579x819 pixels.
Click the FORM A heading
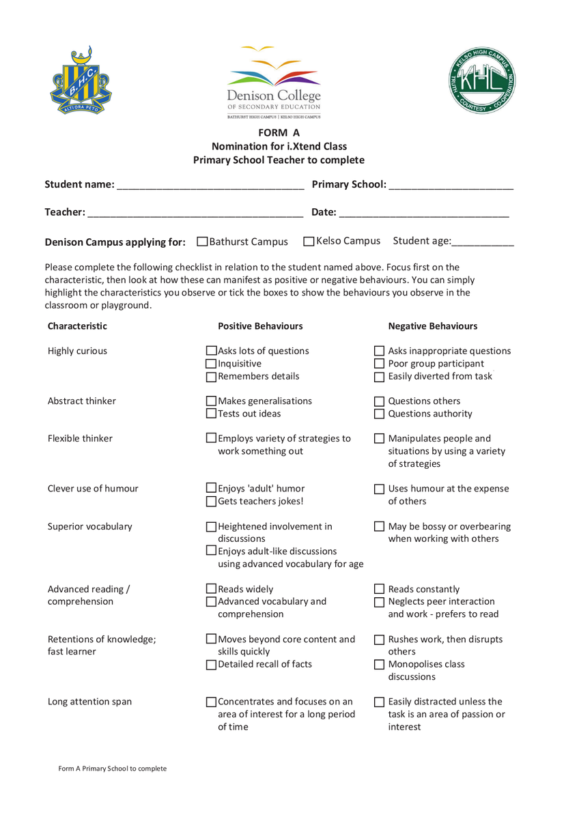coord(279,133)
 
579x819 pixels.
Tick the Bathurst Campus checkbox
coord(202,242)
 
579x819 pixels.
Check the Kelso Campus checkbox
coord(309,242)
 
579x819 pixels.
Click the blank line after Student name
coord(210,186)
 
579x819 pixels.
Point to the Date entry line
coord(424,214)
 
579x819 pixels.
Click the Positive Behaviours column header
coord(260,326)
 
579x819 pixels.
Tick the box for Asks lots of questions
coord(212,351)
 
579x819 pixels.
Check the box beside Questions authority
coord(380,414)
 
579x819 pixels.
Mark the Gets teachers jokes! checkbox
coord(212,502)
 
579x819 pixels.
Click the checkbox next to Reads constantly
coord(380,590)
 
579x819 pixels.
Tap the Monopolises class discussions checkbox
coord(380,665)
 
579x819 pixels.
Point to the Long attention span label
coord(89,701)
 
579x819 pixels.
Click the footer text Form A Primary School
coord(113,768)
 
